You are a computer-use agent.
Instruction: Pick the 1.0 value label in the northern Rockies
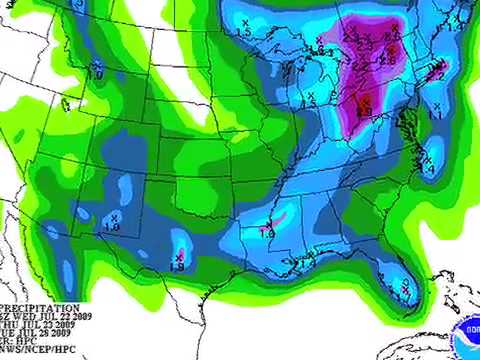[x=95, y=73]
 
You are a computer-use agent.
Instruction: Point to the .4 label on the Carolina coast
[x=430, y=171]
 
